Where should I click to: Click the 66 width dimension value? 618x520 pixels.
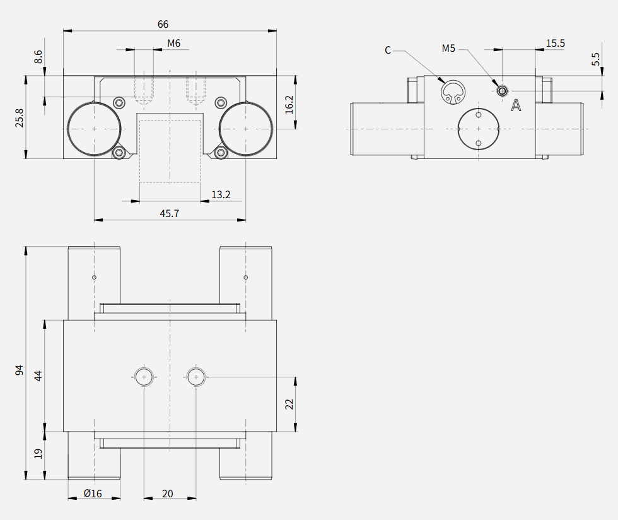pos(163,25)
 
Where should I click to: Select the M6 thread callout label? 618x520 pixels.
pos(174,44)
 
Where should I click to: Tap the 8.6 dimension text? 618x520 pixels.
pos(38,56)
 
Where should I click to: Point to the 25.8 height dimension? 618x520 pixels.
pos(19,118)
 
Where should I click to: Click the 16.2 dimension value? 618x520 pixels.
pos(289,105)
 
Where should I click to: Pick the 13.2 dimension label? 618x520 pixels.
pos(221,194)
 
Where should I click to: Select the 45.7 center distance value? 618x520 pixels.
pos(170,213)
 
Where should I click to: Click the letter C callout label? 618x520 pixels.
pos(388,50)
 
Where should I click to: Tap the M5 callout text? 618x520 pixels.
pos(448,49)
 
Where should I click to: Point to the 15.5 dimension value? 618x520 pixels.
pos(556,44)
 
